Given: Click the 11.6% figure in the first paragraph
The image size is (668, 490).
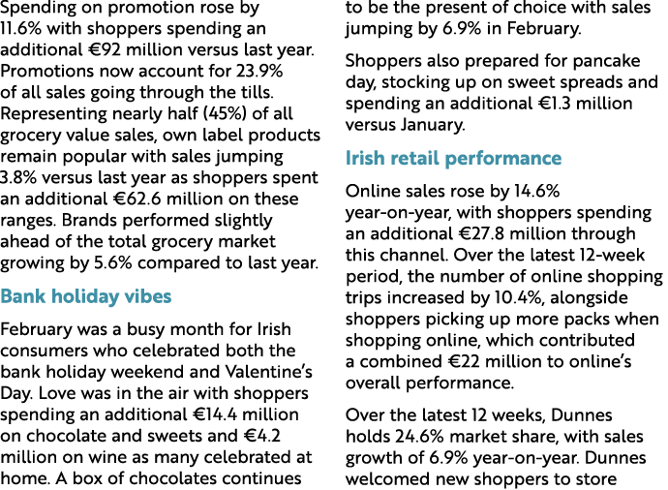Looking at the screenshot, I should pos(22,30).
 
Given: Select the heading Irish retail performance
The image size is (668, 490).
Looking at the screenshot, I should pos(453,159).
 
